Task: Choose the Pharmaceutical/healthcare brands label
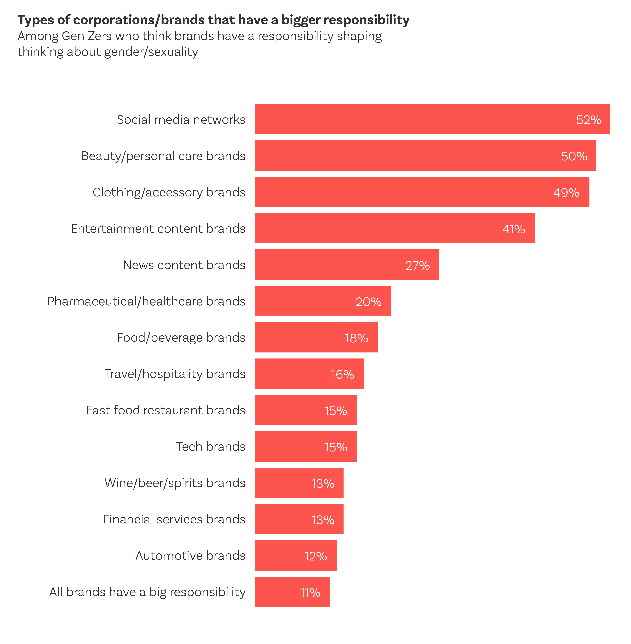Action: pos(146,301)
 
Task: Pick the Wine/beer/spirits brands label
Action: pos(175,483)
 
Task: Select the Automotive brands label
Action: pos(190,556)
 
